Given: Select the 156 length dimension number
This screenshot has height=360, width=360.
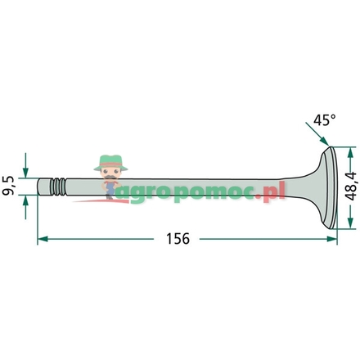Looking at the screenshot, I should tap(178, 239).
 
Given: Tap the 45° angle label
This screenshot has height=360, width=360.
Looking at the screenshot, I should tap(325, 120).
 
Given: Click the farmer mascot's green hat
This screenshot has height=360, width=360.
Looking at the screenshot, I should tap(107, 160).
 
